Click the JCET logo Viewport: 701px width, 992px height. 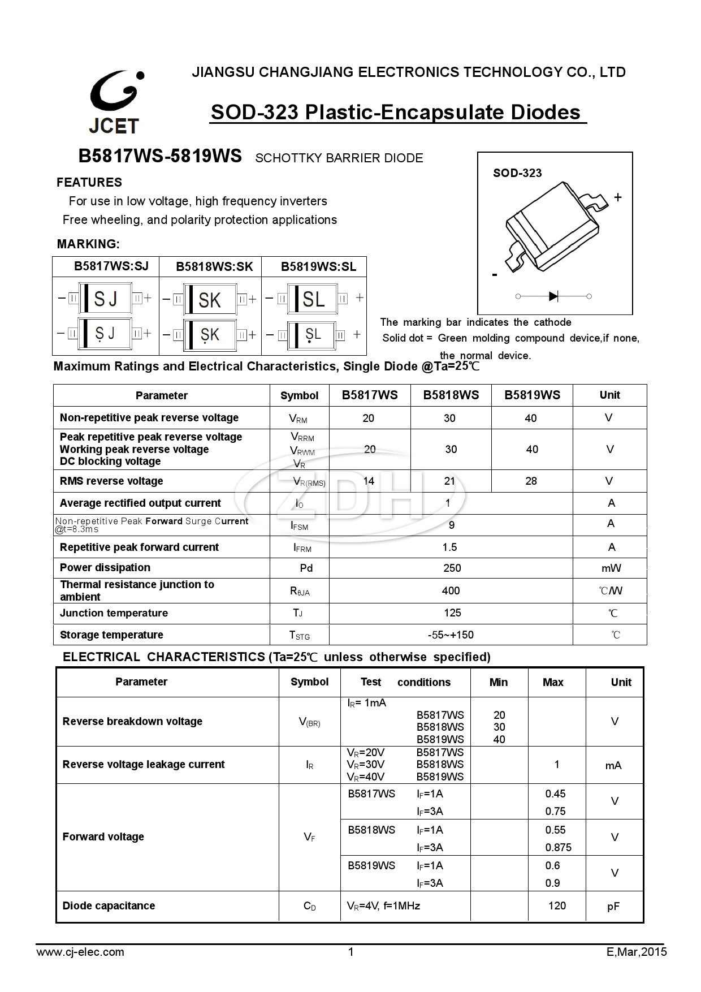(114, 102)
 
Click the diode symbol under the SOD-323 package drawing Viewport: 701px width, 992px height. (554, 296)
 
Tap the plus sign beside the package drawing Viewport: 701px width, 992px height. (618, 197)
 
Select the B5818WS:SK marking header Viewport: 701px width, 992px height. (214, 266)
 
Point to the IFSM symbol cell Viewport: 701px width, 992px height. (300, 525)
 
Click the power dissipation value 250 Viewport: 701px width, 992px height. (452, 568)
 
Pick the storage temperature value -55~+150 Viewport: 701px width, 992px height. (451, 635)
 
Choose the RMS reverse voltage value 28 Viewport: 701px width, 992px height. (531, 481)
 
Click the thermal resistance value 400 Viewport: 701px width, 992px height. (451, 590)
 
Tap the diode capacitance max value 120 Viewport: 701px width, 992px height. (557, 905)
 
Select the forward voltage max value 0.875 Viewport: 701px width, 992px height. (558, 847)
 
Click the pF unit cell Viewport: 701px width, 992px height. (613, 907)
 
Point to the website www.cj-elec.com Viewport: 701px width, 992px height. (80, 952)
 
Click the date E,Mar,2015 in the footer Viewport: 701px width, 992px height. (637, 952)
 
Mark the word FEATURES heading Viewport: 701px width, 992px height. (89, 182)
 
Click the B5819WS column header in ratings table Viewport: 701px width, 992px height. (532, 395)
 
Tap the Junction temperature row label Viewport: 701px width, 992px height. (114, 613)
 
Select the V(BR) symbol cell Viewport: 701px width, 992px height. (309, 722)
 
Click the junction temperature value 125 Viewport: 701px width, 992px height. (452, 613)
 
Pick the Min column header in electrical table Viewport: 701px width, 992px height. (498, 682)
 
